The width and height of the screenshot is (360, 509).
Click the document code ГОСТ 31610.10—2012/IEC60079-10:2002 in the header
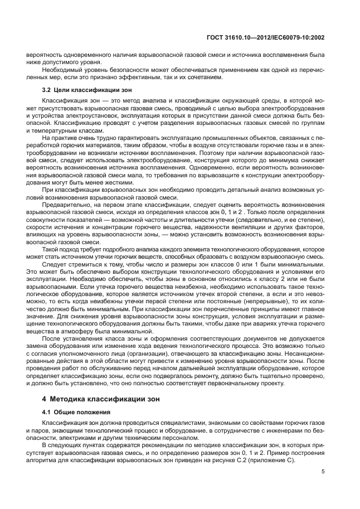(x=265, y=38)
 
